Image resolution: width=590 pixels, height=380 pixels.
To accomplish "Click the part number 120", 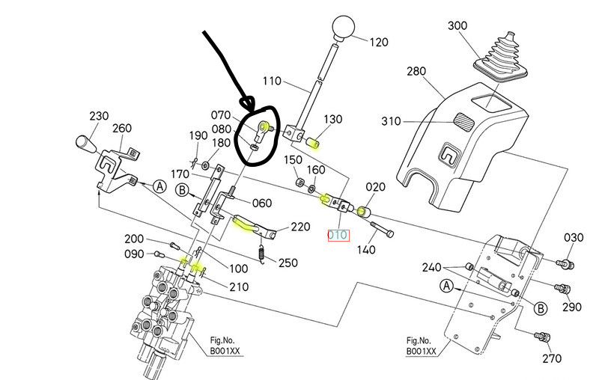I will coord(378,43).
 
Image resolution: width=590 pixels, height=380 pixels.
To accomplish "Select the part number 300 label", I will coord(457,26).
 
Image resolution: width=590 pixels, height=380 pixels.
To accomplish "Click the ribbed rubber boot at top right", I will coord(505,57).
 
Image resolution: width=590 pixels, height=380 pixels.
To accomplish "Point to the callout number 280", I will coord(416,72).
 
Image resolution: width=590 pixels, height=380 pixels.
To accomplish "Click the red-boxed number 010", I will coord(338,235).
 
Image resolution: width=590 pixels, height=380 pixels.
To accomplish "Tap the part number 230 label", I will coord(99,116).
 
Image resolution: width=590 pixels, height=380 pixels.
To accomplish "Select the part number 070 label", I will coord(222,115).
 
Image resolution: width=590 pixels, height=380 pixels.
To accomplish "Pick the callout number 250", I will coord(288,262).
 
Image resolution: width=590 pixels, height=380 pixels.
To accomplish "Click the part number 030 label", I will coord(574,238).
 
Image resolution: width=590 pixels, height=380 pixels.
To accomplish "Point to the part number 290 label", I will coord(572,307).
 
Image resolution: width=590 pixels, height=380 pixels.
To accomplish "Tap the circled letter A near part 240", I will coord(447,285).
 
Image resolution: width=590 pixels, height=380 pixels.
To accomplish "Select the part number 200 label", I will coord(134,239).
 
